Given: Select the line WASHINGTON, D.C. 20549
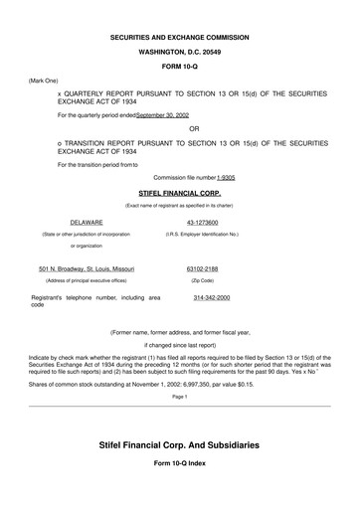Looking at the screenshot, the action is click(x=179, y=52).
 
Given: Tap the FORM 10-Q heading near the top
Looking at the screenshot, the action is click(x=179, y=67).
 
